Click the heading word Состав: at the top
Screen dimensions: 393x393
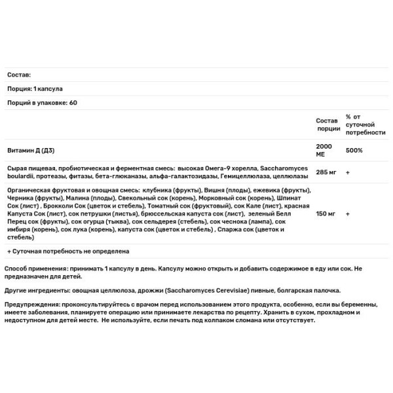19,75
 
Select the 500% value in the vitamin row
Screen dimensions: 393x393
355,149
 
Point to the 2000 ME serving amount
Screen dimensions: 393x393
324,149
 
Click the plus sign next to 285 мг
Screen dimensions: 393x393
347,173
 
